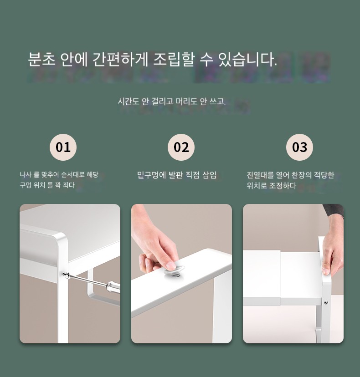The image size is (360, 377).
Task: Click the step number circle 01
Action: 63,147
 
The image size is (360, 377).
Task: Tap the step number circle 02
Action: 181,147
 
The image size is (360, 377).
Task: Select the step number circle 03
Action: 299,147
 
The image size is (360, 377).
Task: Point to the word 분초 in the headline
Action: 41,59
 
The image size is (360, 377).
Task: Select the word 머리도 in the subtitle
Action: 186,102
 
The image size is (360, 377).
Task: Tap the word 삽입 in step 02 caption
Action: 209,175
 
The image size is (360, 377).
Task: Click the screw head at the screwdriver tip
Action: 66,275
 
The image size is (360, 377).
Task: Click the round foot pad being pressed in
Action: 174,272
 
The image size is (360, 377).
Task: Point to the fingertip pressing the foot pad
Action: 170,265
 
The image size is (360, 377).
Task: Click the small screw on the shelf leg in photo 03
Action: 326,303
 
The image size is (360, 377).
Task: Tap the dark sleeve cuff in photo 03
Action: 334,209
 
